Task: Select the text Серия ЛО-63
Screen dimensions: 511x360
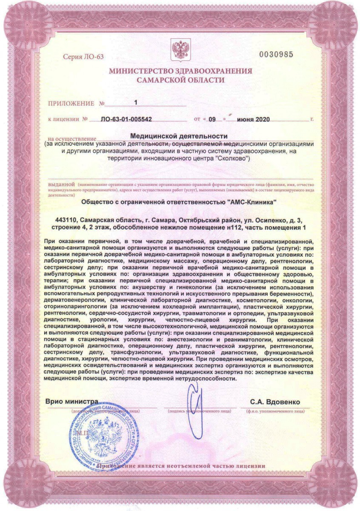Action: [83, 57]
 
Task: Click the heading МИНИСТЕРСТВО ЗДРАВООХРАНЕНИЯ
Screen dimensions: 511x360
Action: [180, 71]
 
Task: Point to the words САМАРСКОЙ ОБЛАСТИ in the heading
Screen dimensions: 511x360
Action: [180, 80]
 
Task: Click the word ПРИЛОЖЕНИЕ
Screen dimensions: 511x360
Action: [71, 103]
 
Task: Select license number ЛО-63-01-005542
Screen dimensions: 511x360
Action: [126, 120]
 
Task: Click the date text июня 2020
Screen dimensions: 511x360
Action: [254, 120]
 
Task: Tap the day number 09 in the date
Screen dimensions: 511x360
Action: [213, 120]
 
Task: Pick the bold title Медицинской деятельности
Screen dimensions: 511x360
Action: [180, 136]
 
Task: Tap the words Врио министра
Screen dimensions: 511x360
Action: [72, 402]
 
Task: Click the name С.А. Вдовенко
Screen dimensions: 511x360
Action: [275, 402]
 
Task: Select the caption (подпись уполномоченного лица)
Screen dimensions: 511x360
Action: [200, 411]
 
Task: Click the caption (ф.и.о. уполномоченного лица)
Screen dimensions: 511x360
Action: [275, 411]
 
